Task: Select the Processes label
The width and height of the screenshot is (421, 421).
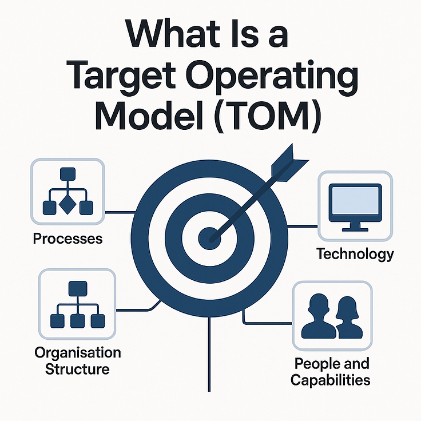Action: [68, 238]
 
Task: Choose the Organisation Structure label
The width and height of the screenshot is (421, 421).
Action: [70, 360]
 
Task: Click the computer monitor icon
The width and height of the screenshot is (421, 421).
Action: [356, 206]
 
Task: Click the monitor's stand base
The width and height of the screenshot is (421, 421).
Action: [356, 228]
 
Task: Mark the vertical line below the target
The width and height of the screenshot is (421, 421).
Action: [210, 355]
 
